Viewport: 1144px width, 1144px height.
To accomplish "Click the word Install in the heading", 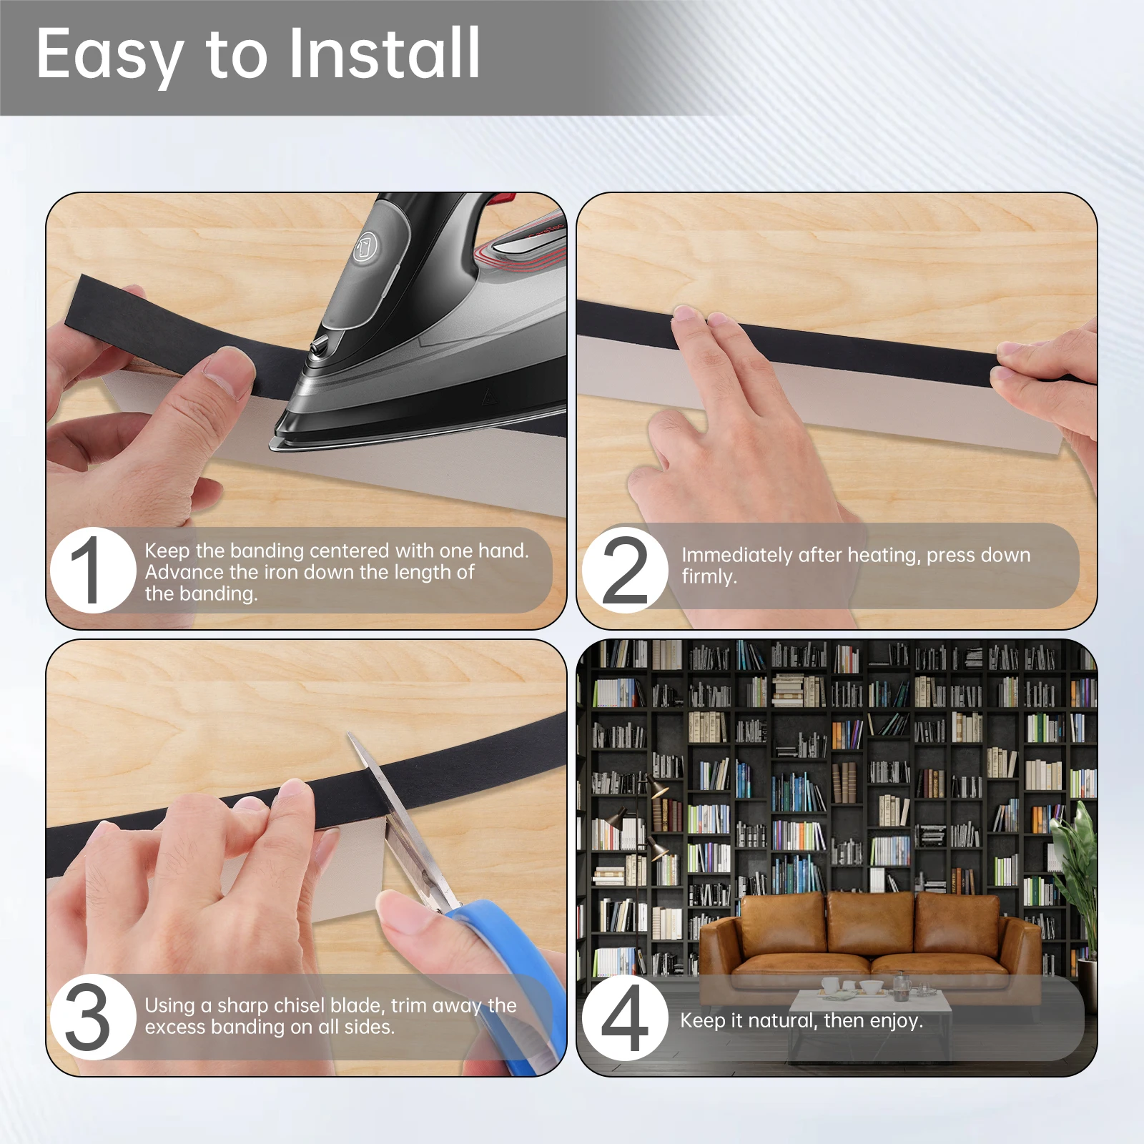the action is (x=385, y=53).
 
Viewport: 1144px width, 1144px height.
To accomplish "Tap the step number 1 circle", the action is (x=93, y=570).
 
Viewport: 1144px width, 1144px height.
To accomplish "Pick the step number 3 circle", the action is (x=93, y=1017).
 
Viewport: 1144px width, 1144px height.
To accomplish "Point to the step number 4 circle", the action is (x=625, y=1017).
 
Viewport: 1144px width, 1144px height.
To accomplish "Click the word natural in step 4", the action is (x=782, y=1020).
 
